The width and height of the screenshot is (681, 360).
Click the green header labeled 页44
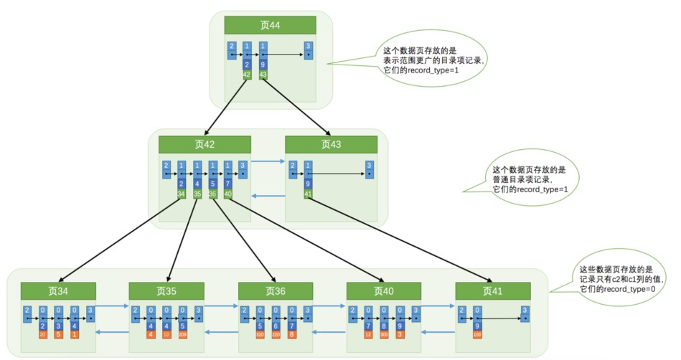pyautogui.click(x=270, y=24)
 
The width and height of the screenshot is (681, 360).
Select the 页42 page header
pyautogui.click(x=205, y=143)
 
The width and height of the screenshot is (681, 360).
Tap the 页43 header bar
pyautogui.click(x=331, y=143)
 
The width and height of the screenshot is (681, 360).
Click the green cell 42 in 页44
pyautogui.click(x=246, y=74)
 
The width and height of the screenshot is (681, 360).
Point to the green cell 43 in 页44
pyautogui.click(x=263, y=74)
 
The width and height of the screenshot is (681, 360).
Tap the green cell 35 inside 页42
pyautogui.click(x=197, y=193)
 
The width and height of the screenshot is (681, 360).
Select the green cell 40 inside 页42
pyautogui.click(x=227, y=193)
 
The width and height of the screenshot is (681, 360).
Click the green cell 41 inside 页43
pyautogui.click(x=308, y=193)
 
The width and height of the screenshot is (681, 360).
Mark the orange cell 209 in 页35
pyautogui.click(x=183, y=334)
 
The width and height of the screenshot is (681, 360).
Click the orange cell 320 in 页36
pyautogui.click(x=259, y=334)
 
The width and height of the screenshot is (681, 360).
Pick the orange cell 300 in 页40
pyautogui.click(x=384, y=334)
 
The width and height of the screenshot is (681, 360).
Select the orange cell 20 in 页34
pyautogui.click(x=42, y=334)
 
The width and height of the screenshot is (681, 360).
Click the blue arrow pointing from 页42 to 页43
pyautogui.click(x=268, y=161)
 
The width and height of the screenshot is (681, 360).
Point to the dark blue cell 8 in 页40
pyautogui.click(x=384, y=325)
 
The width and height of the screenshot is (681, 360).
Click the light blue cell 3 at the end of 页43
pyautogui.click(x=368, y=169)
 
